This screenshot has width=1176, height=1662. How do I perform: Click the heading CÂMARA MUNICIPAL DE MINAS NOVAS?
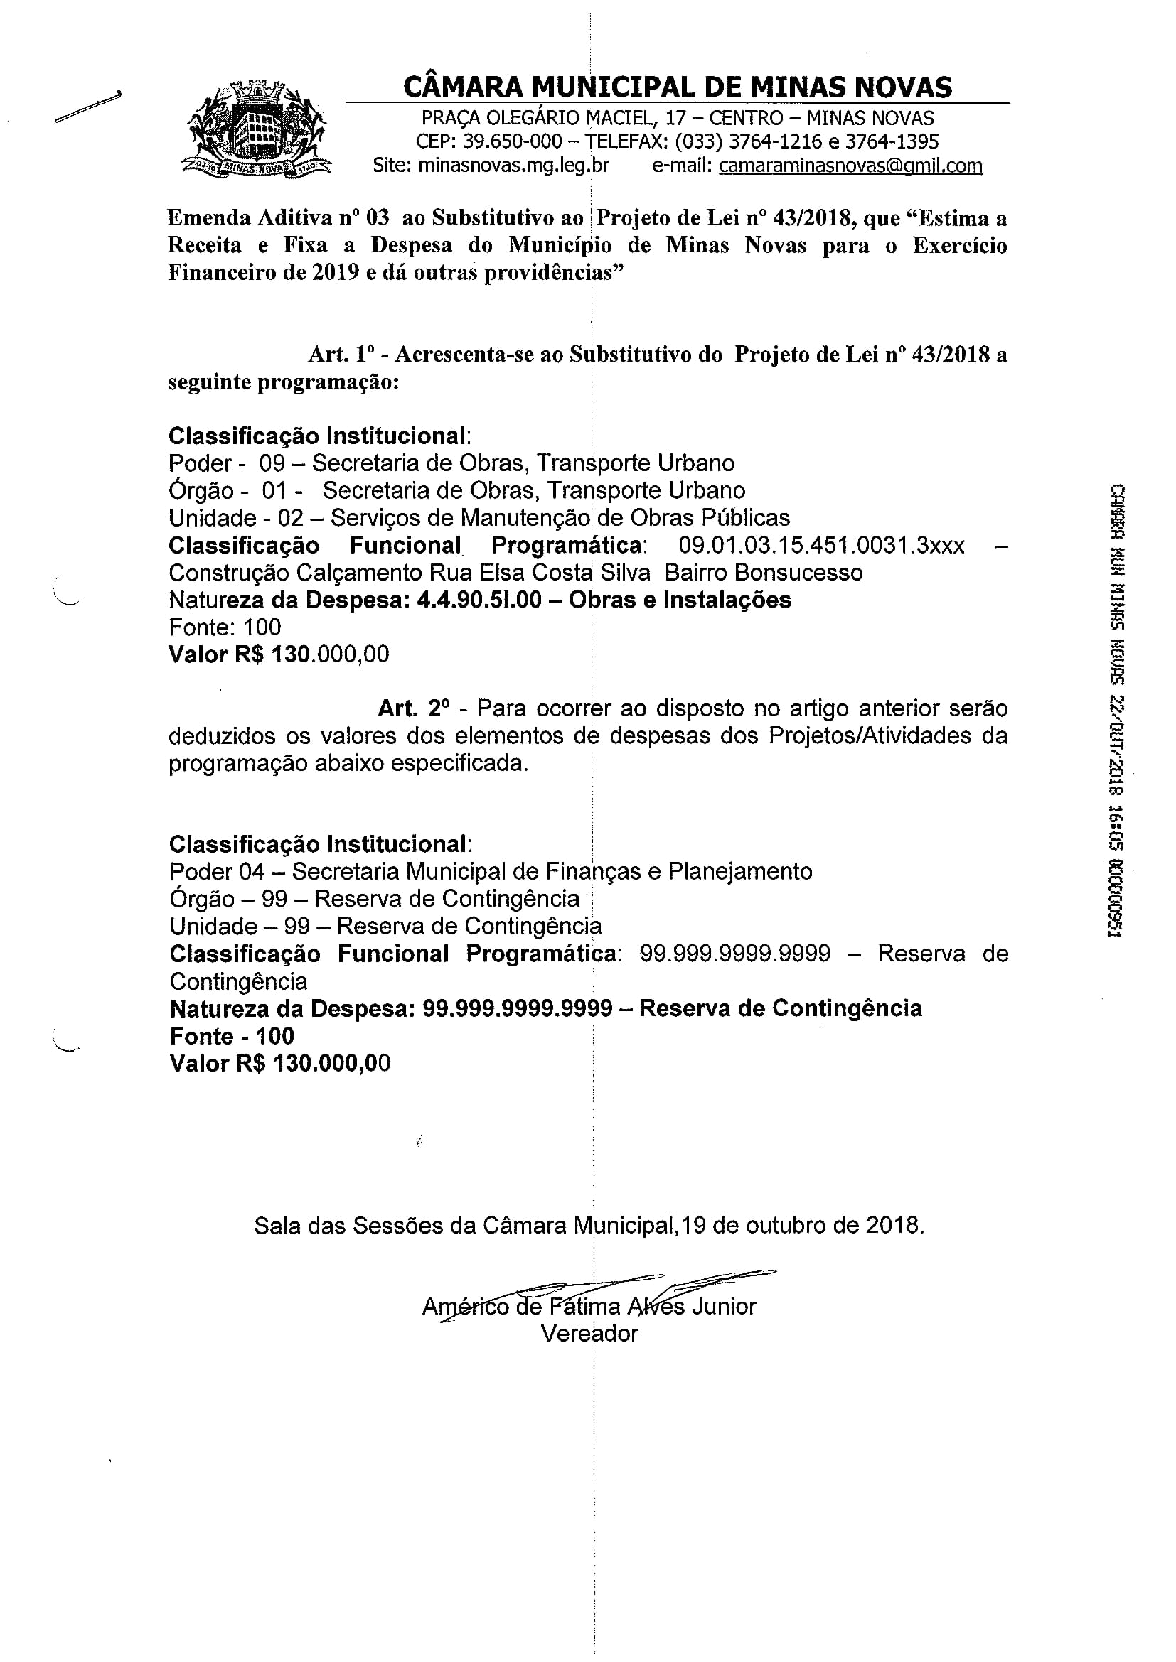coord(677,87)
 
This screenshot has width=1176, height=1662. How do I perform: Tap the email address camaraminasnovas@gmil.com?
coord(850,166)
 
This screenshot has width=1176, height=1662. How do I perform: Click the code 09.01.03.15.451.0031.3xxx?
coord(821,545)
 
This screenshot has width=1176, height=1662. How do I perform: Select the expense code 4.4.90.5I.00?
coord(479,600)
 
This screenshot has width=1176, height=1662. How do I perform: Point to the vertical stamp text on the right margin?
coord(1116,709)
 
